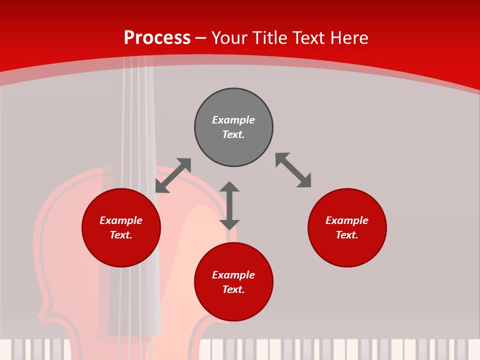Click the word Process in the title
click(157, 38)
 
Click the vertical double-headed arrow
click(229, 205)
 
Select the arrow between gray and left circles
click(173, 175)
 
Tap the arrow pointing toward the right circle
click(293, 170)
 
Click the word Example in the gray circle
click(233, 120)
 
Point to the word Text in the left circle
click(121, 235)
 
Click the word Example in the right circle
click(347, 220)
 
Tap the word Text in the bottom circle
click(233, 289)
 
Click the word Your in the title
click(228, 38)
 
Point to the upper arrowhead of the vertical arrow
click(229, 186)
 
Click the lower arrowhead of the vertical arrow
click(229, 224)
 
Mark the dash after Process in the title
click(201, 38)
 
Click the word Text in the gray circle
click(233, 134)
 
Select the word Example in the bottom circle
click(233, 275)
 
